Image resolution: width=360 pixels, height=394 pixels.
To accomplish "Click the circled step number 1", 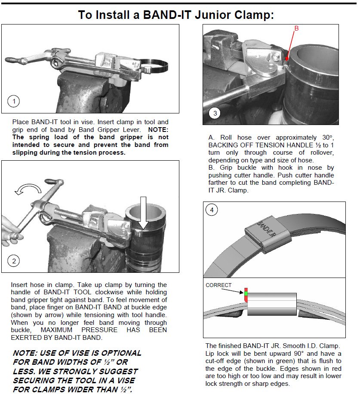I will (14, 101).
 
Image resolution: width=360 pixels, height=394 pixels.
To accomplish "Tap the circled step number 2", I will (14, 260).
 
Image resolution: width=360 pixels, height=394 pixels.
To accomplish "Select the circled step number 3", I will (215, 113).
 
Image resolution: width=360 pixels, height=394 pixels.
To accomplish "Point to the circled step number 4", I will (211, 210).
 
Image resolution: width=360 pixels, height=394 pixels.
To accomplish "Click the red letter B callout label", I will (296, 28).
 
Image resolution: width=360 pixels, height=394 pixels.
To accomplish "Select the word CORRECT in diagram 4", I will (218, 284).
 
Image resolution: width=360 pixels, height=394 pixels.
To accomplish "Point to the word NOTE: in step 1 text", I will (158, 129).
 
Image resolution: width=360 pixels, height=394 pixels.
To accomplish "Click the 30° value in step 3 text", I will (326, 137).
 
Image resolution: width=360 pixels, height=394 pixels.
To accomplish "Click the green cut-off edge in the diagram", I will (246, 294).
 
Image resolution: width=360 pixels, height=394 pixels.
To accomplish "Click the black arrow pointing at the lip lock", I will (235, 291).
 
